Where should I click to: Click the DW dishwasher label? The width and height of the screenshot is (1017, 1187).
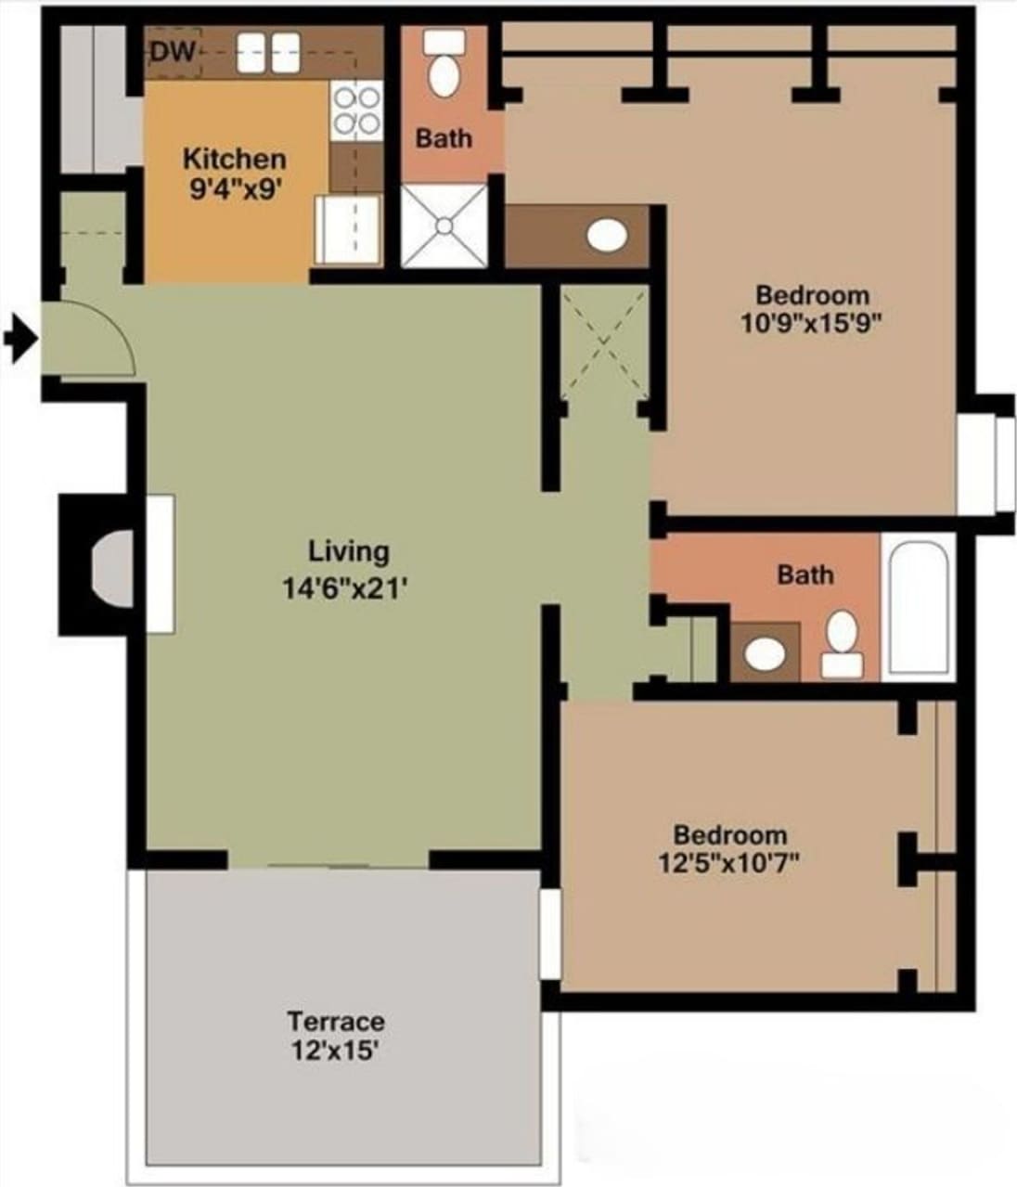point(174,52)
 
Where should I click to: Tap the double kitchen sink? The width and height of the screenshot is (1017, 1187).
point(268,53)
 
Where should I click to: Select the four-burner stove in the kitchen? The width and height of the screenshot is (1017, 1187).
point(356,110)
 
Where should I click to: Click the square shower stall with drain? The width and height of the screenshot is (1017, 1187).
point(444,226)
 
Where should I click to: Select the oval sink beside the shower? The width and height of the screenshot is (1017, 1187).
point(606,236)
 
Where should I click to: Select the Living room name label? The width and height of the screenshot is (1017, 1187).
point(348,551)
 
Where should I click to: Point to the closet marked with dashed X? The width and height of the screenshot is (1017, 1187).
point(605,342)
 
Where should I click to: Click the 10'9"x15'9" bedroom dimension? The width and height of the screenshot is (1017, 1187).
point(811,324)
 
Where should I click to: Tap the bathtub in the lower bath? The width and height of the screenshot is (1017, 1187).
point(918,607)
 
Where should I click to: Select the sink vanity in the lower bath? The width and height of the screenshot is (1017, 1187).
point(765,652)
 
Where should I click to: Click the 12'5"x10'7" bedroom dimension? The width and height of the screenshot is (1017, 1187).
point(729,863)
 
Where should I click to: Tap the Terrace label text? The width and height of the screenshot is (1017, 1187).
point(335,1022)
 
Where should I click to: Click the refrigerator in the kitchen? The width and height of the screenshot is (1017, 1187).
point(348,229)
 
